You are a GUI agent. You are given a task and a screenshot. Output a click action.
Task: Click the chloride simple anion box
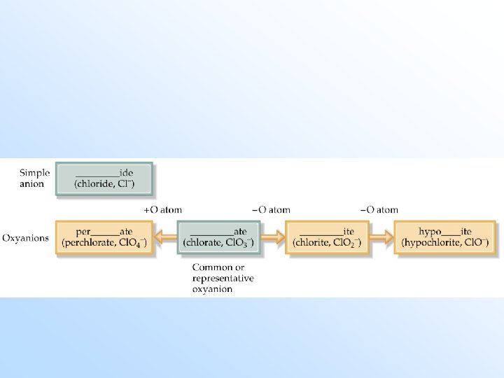tap(104, 178)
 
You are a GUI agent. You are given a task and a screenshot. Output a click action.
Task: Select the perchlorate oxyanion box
tap(104, 237)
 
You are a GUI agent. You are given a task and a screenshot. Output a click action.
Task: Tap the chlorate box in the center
tap(218, 237)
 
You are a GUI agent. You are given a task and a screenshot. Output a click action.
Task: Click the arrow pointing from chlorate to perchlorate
tap(165, 238)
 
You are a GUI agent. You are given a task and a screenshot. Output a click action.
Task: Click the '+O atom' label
tap(162, 209)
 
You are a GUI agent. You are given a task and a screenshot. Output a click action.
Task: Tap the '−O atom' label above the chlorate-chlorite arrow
tap(272, 209)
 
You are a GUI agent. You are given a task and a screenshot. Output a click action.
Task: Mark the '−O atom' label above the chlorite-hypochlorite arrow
tap(379, 209)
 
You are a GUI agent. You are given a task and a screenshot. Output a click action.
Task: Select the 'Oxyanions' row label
tap(26, 237)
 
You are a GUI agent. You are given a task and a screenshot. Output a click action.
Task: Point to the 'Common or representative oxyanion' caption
tap(223, 278)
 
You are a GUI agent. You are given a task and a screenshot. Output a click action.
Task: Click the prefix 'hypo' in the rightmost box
tap(430, 230)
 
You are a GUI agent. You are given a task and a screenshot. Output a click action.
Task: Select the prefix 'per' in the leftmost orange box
tap(84, 230)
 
